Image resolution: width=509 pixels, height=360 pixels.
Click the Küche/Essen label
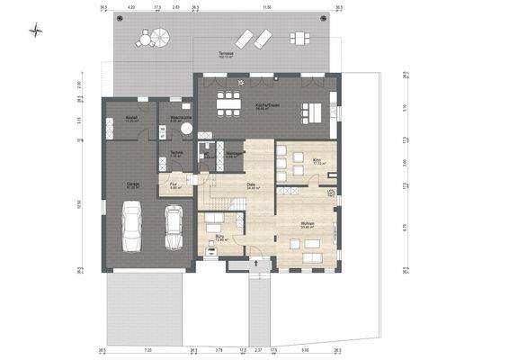(x=267, y=105)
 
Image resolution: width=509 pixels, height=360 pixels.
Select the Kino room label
(x=317, y=160)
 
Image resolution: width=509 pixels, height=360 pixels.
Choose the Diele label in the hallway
(x=252, y=184)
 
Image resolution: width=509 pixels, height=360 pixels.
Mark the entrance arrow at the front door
(x=256, y=263)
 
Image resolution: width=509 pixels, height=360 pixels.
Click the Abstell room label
(x=130, y=118)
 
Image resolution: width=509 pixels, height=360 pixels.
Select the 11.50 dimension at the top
(x=266, y=6)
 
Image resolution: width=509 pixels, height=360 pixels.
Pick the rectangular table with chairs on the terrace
(x=298, y=37)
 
